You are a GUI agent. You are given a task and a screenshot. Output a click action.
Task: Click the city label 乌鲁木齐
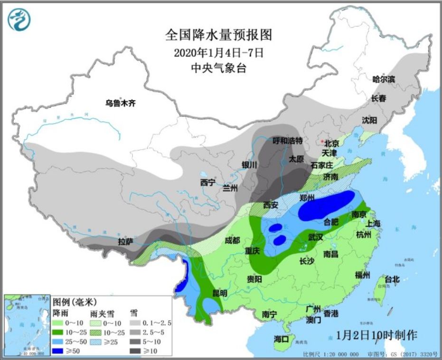pos(120,102)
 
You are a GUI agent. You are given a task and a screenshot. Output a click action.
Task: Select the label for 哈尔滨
pos(384,79)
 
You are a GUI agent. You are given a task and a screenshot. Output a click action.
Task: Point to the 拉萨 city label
pos(125,241)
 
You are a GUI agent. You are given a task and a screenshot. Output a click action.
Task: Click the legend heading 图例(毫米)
pos(75,302)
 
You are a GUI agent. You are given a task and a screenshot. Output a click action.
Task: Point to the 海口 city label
pos(281,339)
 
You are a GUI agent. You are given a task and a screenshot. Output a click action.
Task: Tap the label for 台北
pos(392,279)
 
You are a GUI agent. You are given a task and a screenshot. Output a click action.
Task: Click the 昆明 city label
pos(219,294)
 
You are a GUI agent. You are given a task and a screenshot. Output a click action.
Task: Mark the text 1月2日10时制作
pos(376,335)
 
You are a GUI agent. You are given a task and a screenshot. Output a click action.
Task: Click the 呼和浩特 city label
pos(288,140)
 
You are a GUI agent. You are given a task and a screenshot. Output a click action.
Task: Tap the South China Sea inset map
pos(26,325)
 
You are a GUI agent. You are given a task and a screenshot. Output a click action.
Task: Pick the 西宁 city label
pos(207,182)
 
